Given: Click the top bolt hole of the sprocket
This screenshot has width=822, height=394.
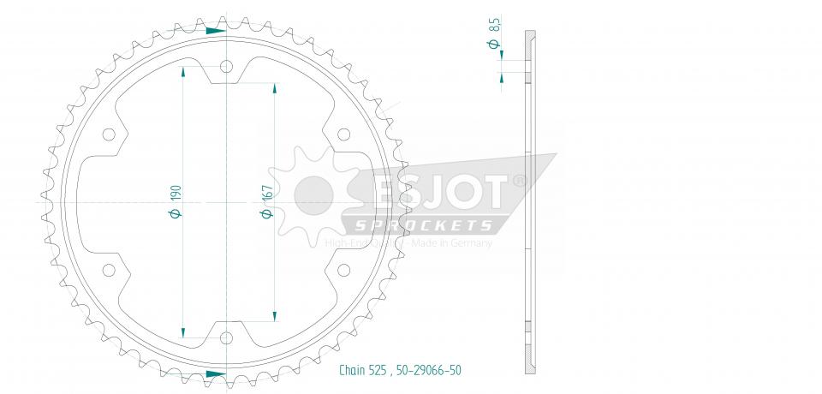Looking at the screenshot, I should pyautogui.click(x=226, y=68).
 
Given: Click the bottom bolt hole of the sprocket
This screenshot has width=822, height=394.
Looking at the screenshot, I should pyautogui.click(x=226, y=337).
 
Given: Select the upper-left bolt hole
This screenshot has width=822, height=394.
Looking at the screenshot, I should pyautogui.click(x=109, y=134).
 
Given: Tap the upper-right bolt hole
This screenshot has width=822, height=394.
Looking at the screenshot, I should pyautogui.click(x=343, y=134).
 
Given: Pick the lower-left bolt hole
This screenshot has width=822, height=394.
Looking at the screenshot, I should pyautogui.click(x=109, y=270).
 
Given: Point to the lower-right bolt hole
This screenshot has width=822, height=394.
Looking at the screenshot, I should pyautogui.click(x=343, y=270).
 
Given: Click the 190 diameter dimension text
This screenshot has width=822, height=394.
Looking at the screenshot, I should pyautogui.click(x=176, y=201).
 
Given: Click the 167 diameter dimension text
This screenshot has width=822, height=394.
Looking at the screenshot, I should pyautogui.click(x=265, y=201).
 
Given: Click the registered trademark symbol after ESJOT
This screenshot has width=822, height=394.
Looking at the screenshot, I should pyautogui.click(x=519, y=182).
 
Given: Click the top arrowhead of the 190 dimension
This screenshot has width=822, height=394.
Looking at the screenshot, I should pyautogui.click(x=183, y=71).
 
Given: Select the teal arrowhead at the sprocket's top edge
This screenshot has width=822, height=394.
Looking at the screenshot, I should pyautogui.click(x=215, y=30).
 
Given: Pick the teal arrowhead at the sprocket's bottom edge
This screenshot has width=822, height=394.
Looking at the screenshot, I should pyautogui.click(x=215, y=373).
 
